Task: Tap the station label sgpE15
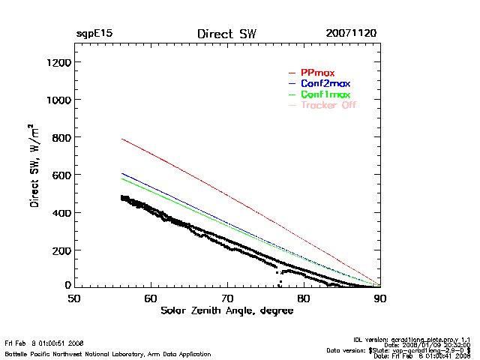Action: point(94,34)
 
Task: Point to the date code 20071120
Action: point(351,34)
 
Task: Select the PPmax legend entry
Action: point(316,72)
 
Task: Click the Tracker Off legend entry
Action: point(328,105)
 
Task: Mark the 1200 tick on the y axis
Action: point(58,62)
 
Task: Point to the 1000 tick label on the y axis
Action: point(58,100)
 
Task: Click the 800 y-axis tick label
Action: point(61,137)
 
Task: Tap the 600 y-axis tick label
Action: point(61,175)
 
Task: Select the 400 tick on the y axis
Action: point(61,212)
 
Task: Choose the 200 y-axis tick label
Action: point(61,250)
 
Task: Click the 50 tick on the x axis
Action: point(74,298)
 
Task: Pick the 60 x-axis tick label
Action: point(151,298)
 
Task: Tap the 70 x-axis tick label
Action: point(227,298)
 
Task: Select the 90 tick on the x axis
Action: point(380,298)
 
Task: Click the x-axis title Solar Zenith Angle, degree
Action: point(226,311)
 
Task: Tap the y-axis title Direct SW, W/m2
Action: point(36,166)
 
